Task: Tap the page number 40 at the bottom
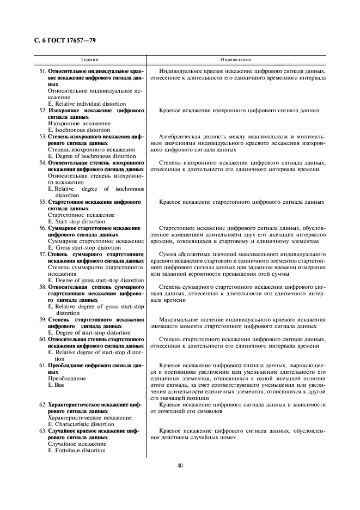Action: (180, 465)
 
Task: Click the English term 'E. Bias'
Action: (56, 385)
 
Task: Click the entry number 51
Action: (42, 71)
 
